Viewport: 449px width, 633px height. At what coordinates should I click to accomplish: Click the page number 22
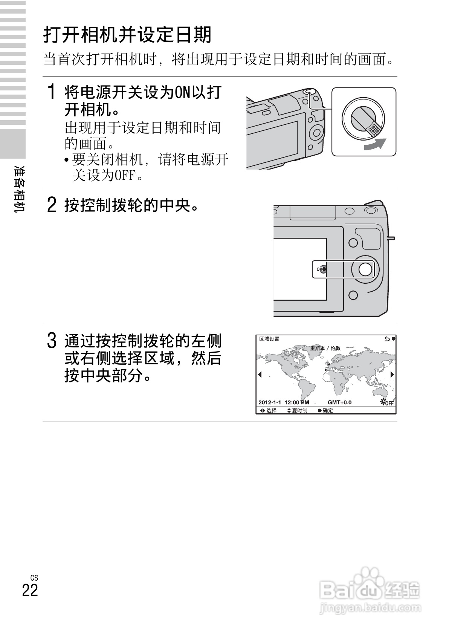(30, 590)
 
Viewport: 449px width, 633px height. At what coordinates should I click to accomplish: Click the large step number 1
(52, 92)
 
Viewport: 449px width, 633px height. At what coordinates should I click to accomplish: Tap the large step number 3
(52, 341)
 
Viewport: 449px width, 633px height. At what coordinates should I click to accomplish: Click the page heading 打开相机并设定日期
(127, 35)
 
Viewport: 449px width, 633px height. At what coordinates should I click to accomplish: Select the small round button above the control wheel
(353, 243)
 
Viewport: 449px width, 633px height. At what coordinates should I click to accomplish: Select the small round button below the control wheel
(353, 295)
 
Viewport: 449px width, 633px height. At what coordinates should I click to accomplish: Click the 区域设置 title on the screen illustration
(269, 339)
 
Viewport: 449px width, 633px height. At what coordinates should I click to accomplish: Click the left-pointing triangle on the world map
(260, 374)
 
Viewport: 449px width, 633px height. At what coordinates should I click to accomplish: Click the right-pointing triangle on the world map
(392, 374)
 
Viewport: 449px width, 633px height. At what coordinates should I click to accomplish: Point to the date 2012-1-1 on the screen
(270, 402)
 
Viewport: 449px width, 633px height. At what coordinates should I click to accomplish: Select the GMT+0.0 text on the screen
(339, 402)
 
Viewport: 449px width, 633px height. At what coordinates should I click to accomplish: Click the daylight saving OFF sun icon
(386, 402)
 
